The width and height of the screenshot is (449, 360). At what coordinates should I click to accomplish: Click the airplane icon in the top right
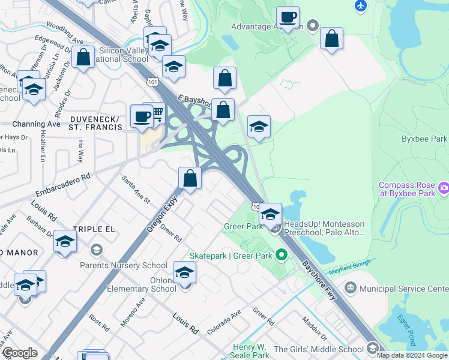click(360, 5)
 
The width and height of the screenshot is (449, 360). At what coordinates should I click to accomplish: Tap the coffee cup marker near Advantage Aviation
click(288, 17)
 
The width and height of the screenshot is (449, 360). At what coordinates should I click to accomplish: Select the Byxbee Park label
click(424, 139)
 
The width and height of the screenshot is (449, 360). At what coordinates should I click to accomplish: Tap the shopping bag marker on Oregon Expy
click(190, 178)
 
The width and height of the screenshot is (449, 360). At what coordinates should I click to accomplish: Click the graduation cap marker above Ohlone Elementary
click(184, 273)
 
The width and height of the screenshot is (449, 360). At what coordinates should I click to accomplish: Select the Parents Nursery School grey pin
click(95, 249)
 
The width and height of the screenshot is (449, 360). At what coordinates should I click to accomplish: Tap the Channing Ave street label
click(37, 124)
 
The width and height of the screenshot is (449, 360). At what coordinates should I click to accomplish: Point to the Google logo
click(20, 353)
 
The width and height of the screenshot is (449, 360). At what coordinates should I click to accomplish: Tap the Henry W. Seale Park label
click(251, 351)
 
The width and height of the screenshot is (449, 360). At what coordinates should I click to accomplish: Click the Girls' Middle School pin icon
click(372, 349)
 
